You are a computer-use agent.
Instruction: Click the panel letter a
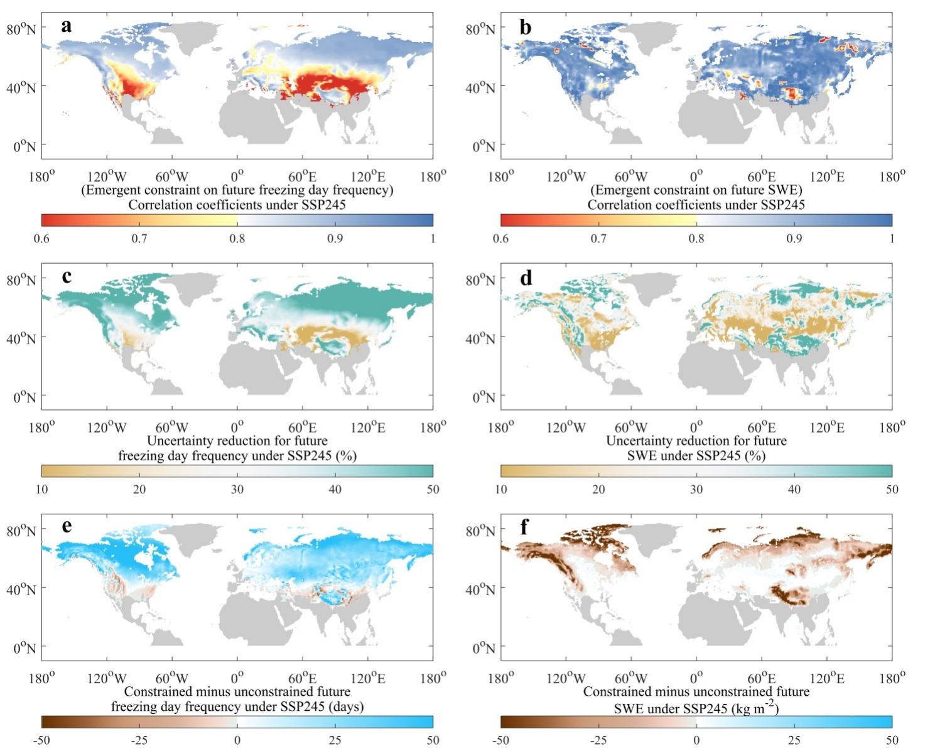67,26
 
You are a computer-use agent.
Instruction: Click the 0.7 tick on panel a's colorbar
139,239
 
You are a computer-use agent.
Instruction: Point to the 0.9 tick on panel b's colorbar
794,239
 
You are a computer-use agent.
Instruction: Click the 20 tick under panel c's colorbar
139,489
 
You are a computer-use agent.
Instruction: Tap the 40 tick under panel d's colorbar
794,489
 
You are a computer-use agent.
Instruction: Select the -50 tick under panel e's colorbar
41,740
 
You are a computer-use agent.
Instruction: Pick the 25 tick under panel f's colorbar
794,740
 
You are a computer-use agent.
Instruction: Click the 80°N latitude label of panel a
21,29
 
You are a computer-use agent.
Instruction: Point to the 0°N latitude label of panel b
484,147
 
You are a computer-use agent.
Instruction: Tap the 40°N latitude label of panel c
21,338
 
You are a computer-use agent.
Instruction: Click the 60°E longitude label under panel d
761,428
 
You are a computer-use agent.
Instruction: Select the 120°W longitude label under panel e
107,678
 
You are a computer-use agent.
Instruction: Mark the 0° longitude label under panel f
696,678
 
